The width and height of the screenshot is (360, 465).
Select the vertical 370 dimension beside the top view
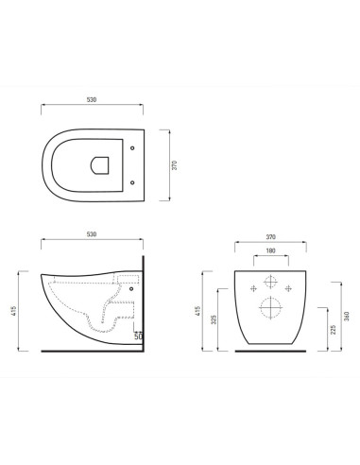coord(173,164)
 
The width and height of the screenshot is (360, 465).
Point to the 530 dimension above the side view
coord(93,232)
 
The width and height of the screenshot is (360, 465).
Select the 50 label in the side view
coord(138,336)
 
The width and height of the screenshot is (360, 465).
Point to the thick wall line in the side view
coord(144,302)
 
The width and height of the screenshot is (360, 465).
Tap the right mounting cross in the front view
coord(287,288)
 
